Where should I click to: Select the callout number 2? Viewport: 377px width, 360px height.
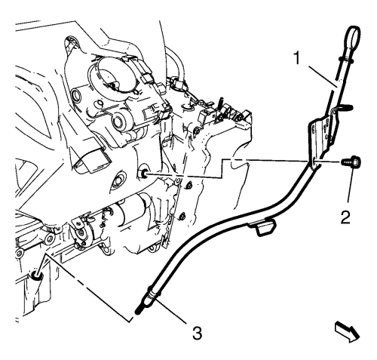345,217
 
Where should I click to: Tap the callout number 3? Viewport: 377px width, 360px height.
197,334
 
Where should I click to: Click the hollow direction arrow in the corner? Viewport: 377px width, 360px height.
347,333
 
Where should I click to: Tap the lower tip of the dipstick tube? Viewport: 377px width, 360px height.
137,312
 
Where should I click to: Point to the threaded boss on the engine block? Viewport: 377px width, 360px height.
143,171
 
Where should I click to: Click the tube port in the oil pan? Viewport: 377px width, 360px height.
37,277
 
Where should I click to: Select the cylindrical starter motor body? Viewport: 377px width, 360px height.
130,205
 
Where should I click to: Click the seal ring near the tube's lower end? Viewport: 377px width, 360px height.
153,293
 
